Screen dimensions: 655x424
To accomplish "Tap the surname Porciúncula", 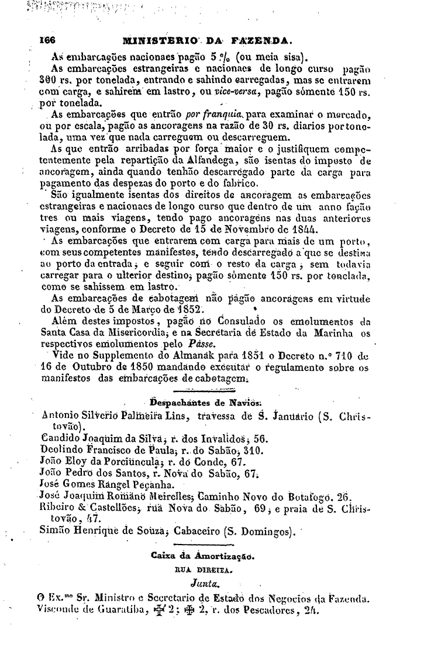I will [x=120, y=462].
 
